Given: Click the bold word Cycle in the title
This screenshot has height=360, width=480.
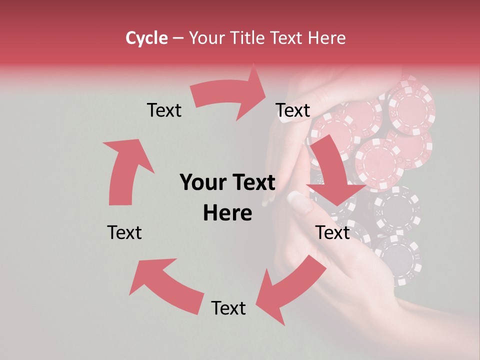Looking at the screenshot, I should tap(146, 38).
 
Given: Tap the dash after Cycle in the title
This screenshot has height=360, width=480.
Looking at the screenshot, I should tap(177, 38).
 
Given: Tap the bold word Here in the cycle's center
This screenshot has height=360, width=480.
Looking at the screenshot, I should tap(227, 213).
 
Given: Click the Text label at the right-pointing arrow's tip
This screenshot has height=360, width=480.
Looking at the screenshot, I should tap(293, 110).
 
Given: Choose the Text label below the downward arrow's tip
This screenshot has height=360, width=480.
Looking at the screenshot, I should tap(332, 232).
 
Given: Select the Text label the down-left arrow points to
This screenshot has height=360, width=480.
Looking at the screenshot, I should tap(228, 308).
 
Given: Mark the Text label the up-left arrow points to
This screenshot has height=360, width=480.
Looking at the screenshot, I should tap(124, 232).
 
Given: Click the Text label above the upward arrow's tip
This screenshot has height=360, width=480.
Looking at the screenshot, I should tap(164, 110).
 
